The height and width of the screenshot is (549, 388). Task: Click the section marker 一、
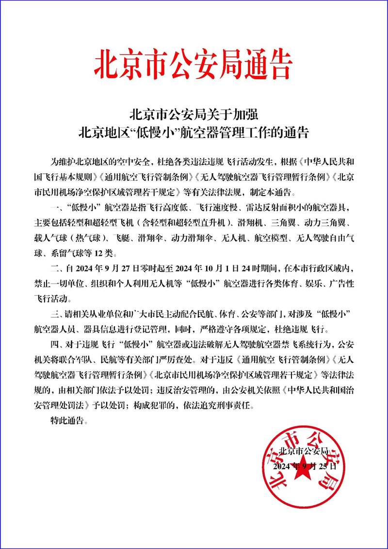(56, 207)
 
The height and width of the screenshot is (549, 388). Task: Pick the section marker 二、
(56, 267)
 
